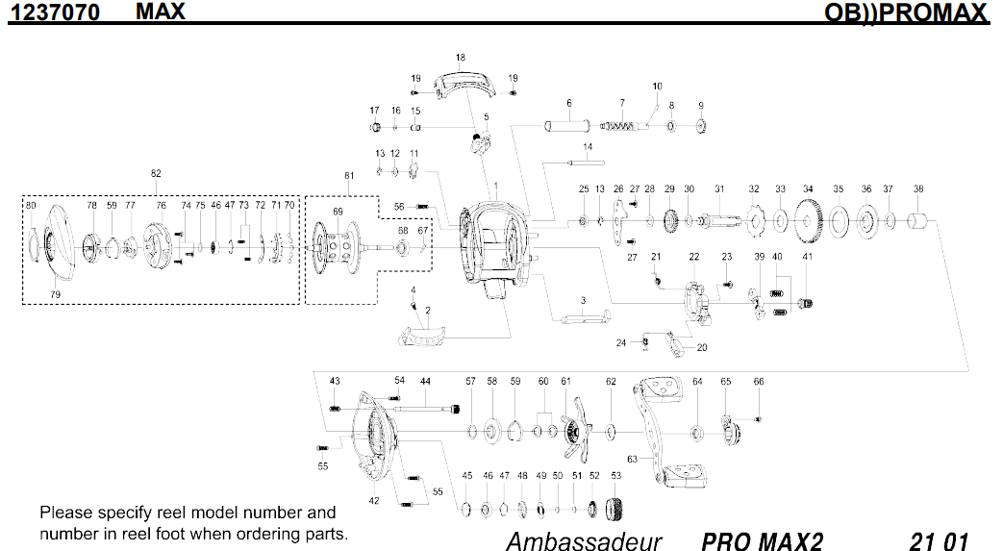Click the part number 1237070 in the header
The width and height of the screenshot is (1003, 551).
point(56,13)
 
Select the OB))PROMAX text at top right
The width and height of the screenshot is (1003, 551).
point(906,13)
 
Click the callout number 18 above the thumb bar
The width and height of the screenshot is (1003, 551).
point(461,58)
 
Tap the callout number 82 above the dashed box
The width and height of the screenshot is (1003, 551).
point(156,174)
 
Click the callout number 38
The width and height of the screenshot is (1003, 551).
point(918,189)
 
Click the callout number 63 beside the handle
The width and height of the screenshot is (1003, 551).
point(632,459)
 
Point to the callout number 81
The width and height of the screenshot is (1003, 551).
point(349,176)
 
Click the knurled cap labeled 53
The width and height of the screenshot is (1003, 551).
point(615,507)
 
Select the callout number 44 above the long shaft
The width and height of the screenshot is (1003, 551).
point(425,382)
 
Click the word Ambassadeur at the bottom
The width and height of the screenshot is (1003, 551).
point(584,540)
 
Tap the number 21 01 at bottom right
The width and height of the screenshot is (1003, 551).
point(938,540)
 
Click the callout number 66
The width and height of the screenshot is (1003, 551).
point(759,382)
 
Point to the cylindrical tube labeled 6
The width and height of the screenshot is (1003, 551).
point(568,126)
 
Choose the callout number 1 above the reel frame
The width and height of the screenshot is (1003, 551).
point(496,185)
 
